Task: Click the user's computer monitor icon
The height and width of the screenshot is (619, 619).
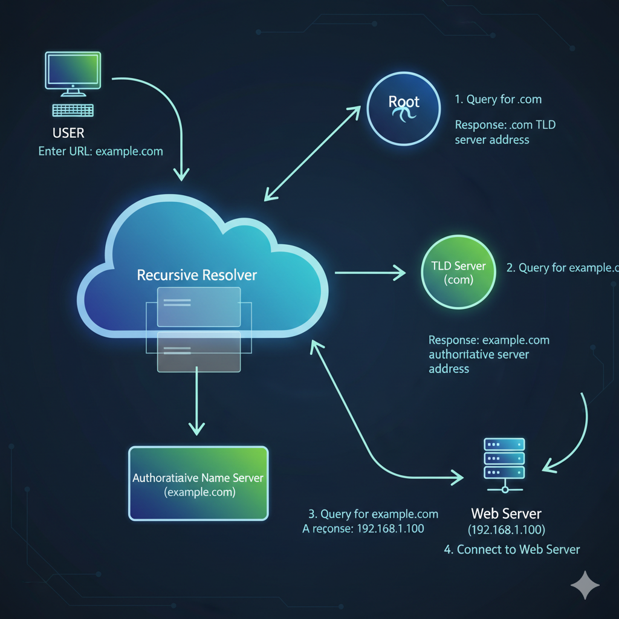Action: (x=73, y=71)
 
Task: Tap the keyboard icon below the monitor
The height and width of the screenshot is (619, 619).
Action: (x=73, y=110)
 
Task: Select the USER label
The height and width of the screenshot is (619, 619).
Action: (x=68, y=132)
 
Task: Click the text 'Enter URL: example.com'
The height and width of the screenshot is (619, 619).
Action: (x=100, y=151)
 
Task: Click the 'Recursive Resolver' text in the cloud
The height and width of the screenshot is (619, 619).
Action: (x=196, y=276)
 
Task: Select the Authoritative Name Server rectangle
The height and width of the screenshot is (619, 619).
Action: (x=198, y=483)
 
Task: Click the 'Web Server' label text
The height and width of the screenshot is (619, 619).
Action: (x=506, y=514)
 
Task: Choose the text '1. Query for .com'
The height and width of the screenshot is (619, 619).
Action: (x=498, y=99)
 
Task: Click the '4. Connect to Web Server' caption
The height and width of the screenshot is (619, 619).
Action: (x=512, y=549)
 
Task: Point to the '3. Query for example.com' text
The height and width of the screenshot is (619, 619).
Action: (x=373, y=514)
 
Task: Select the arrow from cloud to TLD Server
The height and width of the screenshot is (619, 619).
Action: (x=370, y=273)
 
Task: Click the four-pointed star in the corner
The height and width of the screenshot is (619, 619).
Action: (x=585, y=585)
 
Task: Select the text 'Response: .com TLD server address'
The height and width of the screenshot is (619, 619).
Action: (x=505, y=132)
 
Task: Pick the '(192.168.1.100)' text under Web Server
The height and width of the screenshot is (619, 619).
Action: (x=507, y=530)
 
